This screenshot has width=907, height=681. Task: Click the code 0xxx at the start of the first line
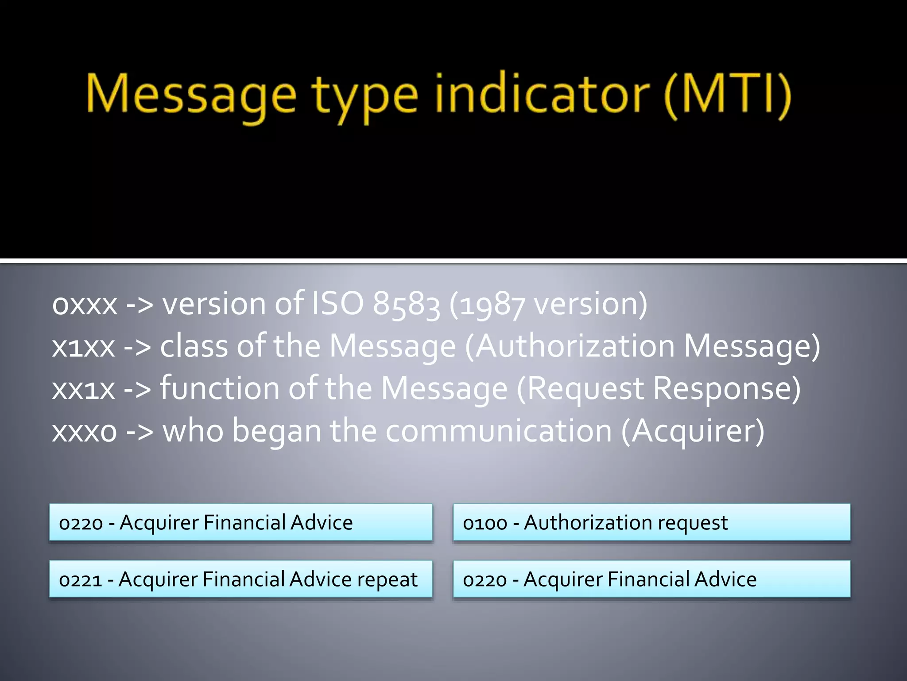(x=85, y=305)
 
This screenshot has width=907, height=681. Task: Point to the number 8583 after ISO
(x=406, y=305)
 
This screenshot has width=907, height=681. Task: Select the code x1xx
(x=83, y=347)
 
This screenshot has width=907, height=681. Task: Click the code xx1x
(x=83, y=389)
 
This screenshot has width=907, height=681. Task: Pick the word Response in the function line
(x=726, y=389)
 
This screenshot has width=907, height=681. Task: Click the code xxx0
(x=85, y=431)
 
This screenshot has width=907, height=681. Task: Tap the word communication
(x=499, y=431)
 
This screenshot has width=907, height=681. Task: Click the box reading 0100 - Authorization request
(x=651, y=522)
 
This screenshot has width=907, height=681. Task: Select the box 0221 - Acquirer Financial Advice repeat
(x=240, y=579)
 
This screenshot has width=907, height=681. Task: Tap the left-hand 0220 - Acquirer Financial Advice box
(x=240, y=522)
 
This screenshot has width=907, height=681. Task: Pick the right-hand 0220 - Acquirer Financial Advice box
(x=651, y=579)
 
